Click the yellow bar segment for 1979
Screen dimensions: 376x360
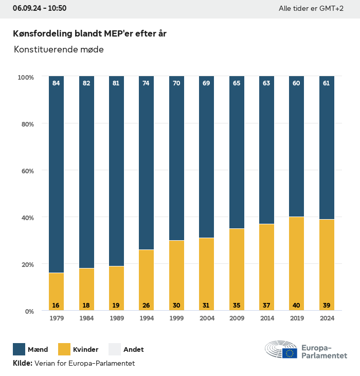(56, 291)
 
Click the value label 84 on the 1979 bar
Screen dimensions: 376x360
(56, 83)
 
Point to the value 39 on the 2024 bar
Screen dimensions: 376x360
(327, 305)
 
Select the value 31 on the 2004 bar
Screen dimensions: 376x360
(206, 305)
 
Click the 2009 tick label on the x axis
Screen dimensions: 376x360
(237, 318)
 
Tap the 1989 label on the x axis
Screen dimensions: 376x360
(116, 318)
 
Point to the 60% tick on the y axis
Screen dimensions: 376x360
(26, 170)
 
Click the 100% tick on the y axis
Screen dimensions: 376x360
(25, 77)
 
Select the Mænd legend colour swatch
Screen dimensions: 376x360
(19, 349)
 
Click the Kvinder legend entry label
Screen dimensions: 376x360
(86, 349)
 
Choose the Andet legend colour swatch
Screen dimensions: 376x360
(115, 349)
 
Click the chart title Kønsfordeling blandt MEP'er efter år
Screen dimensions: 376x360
(89, 33)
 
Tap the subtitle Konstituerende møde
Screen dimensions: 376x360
(59, 49)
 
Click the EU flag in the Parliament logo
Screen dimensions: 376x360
(289, 353)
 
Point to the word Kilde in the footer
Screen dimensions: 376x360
(22, 363)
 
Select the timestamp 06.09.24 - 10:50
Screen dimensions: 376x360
(40, 8)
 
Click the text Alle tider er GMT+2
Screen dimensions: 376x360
(311, 9)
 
